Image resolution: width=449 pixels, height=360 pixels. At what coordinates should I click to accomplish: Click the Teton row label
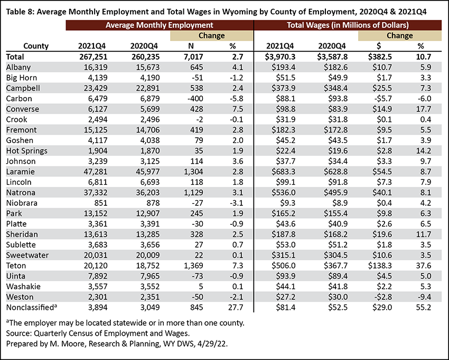pos(16,266)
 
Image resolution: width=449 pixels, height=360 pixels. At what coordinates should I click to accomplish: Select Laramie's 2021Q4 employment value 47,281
pos(96,172)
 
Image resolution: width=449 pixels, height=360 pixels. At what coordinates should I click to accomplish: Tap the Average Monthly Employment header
pos(160,25)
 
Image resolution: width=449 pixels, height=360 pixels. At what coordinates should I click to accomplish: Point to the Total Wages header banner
pos(348,25)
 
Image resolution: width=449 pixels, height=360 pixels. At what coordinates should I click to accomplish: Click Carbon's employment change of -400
pos(195,99)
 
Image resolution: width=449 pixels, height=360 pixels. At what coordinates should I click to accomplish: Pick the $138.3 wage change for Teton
pos(380,266)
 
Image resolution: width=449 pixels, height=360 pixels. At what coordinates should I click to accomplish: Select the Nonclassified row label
pos(32,307)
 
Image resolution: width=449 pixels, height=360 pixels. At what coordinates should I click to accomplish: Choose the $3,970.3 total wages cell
pos(280,56)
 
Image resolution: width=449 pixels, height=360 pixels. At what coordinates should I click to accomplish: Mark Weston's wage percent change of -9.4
pos(424,297)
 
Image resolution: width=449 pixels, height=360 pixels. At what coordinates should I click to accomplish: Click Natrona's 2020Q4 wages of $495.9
pos(335,193)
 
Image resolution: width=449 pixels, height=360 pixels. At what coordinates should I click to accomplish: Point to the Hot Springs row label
pos(26,151)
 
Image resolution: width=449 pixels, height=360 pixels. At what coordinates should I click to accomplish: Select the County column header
pos(36,46)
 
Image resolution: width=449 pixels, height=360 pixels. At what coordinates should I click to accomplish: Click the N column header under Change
pos(191,46)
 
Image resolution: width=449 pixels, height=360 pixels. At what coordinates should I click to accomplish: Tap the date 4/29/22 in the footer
pos(212,344)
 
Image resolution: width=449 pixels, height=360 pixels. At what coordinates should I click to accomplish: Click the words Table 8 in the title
pos(19,12)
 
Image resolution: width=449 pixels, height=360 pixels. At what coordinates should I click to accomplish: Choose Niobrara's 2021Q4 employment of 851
pos(100,203)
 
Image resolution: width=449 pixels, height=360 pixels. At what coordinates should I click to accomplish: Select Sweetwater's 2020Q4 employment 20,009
pos(148,255)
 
